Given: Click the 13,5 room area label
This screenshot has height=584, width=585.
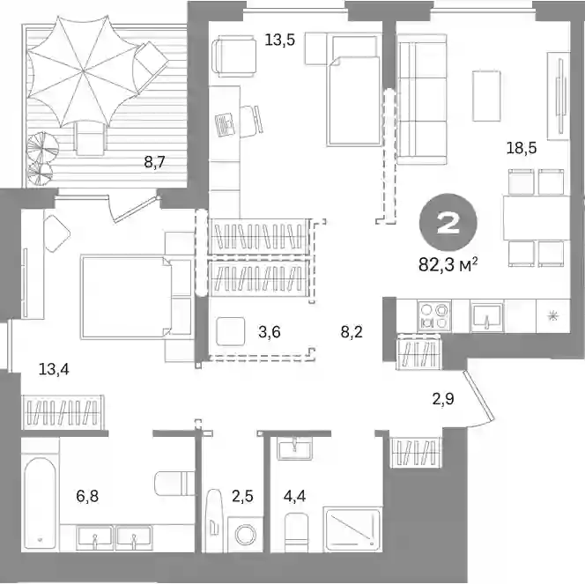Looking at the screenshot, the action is [280, 40].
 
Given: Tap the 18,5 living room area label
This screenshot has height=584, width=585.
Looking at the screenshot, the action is [522, 148].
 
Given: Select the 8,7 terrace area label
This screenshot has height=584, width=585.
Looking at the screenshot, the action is [154, 162].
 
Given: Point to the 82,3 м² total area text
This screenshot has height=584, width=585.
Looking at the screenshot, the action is [448, 265].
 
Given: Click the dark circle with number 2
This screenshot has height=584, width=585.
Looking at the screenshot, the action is [448, 222].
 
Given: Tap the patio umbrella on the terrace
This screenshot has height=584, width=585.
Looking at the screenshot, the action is [83, 70].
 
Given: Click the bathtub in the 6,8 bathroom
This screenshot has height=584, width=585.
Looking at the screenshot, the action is [40, 503].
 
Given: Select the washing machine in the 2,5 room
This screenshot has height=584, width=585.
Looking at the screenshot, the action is [245, 535].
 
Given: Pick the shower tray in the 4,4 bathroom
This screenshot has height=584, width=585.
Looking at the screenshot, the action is [353, 529].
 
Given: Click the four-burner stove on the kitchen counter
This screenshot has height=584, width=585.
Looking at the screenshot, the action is [433, 316].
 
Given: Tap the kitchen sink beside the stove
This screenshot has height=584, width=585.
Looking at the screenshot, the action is [486, 316].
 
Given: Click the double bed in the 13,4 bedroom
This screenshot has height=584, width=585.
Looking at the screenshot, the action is [126, 297].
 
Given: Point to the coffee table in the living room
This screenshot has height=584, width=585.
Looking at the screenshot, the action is [486, 96].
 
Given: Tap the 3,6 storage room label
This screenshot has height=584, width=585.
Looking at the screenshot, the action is [270, 331].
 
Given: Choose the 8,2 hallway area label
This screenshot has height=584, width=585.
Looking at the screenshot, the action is [352, 331].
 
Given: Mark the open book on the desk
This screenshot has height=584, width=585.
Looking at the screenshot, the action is [225, 125].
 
